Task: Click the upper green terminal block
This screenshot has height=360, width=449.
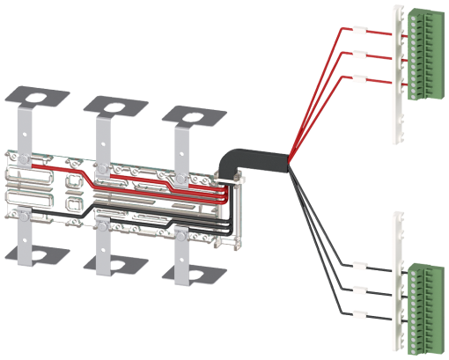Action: click(424, 54)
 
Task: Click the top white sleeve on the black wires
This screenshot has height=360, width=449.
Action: click(356, 264)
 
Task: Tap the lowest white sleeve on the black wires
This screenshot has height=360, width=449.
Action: click(356, 315)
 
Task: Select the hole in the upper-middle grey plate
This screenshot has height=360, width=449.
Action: click(115, 106)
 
